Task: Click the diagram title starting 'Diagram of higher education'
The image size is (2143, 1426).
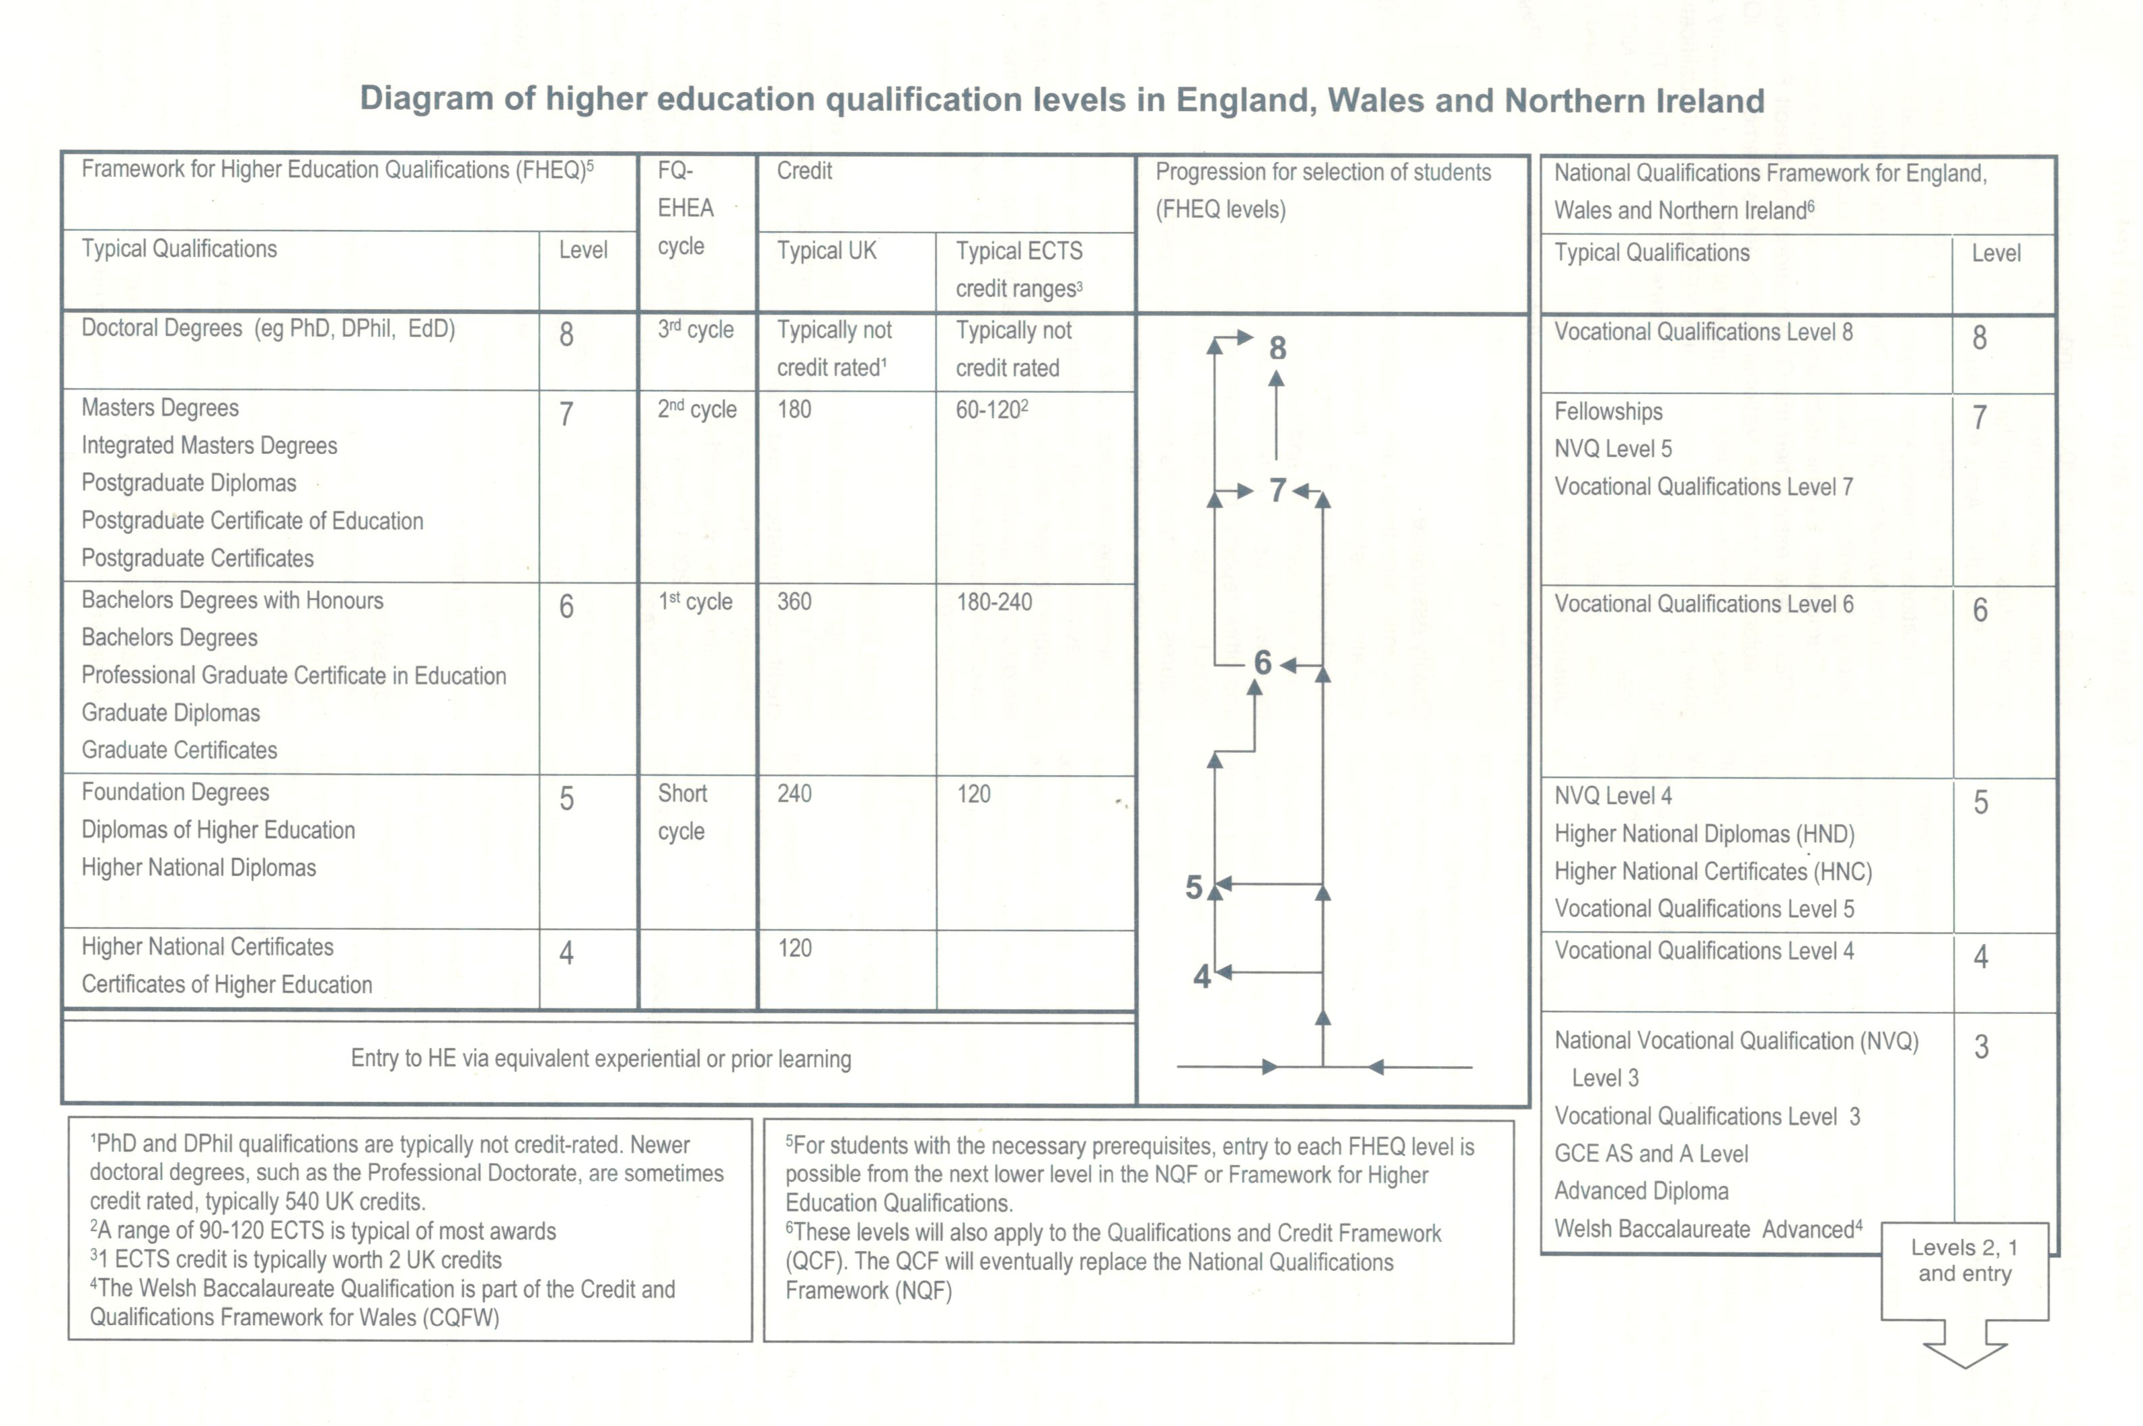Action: [x=1061, y=99]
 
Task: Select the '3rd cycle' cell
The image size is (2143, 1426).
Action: [x=696, y=329]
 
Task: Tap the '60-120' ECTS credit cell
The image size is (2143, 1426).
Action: [x=991, y=410]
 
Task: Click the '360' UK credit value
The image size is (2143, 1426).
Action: [x=794, y=602]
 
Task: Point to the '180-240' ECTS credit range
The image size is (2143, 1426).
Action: [x=994, y=602]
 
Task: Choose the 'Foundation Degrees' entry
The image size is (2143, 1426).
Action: [x=176, y=792]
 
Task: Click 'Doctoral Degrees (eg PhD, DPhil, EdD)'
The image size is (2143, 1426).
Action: [x=268, y=328]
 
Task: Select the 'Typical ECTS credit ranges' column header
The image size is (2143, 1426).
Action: [x=1019, y=269]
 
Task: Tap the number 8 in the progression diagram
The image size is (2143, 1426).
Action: [x=1278, y=348]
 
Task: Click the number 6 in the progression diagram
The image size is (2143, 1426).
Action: [x=1263, y=663]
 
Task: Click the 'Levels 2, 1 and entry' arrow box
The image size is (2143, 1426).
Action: [x=1965, y=1261]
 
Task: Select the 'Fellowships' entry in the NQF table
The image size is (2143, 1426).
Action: [x=1608, y=412]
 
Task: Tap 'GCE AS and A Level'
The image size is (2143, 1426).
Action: [x=1651, y=1154]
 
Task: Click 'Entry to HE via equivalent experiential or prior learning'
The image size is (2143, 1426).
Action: [x=601, y=1059]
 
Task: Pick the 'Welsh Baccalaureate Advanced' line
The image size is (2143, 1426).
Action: [x=1707, y=1230]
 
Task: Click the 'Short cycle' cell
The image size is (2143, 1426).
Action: [x=682, y=812]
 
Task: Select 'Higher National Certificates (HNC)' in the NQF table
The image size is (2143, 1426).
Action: [x=1713, y=871]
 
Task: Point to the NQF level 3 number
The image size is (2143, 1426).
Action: [x=1981, y=1047]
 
